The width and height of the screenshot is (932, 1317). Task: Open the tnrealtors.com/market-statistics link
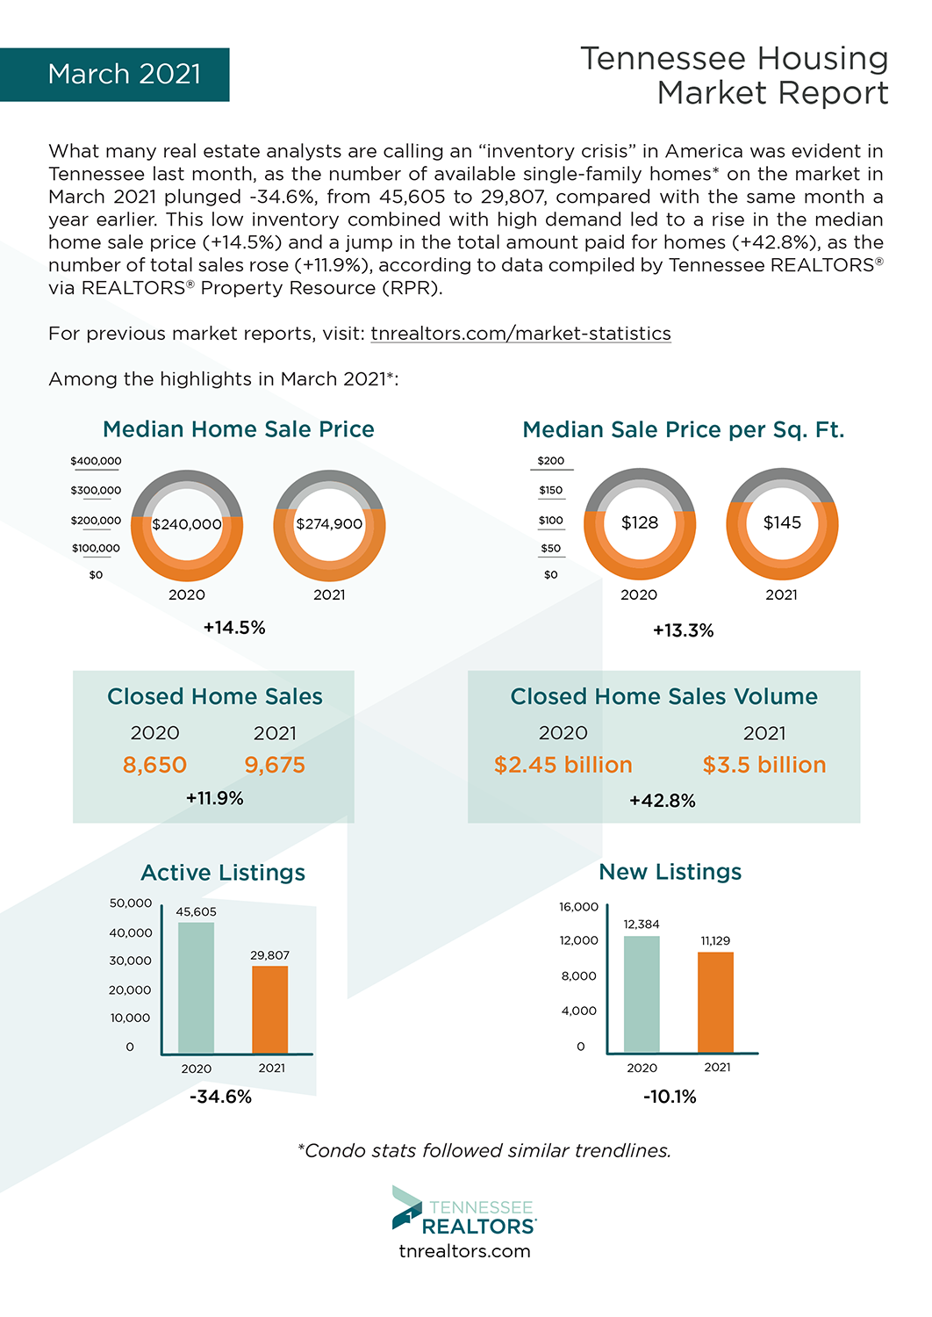click(x=520, y=334)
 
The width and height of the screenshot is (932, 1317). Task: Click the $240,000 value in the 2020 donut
click(x=187, y=524)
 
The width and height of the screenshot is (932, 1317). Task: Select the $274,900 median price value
click(x=329, y=524)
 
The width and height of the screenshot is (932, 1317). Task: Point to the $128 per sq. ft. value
click(x=640, y=522)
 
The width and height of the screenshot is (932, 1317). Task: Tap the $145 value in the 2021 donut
click(x=782, y=522)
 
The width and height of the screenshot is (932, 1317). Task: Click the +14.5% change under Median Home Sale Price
click(x=234, y=628)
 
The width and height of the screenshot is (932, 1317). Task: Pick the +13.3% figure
click(x=684, y=630)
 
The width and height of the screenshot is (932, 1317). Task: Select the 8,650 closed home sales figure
click(x=154, y=765)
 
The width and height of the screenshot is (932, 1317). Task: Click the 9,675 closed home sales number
click(x=275, y=765)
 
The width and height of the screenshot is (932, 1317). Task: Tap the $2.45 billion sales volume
click(x=563, y=765)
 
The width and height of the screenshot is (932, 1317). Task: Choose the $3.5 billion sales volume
click(x=764, y=765)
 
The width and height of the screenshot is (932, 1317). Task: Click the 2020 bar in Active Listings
click(x=196, y=988)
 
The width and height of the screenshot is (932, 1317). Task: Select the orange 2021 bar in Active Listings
click(x=269, y=1010)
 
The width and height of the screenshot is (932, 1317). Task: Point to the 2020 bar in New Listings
click(x=642, y=994)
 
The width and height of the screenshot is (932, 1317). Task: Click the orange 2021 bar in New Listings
click(x=715, y=1002)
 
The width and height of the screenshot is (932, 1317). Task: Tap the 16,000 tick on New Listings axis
click(x=578, y=907)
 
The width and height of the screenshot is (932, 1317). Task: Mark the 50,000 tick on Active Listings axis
click(x=131, y=903)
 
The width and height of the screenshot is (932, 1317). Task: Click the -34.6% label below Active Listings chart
click(x=220, y=1097)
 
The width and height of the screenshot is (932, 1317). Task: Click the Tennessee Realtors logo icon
click(x=406, y=1208)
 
